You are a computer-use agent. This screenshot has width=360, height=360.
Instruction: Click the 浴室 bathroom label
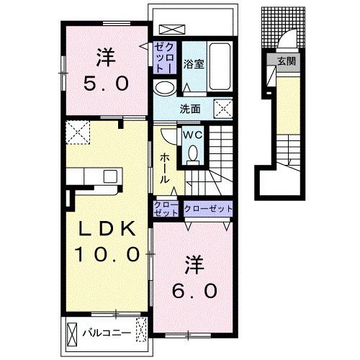coord(194,64)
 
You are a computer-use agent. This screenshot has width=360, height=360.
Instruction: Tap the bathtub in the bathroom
coord(220,66)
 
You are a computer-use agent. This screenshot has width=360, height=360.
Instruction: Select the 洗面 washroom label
coord(190,109)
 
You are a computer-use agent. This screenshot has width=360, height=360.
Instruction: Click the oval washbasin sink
coord(164,88)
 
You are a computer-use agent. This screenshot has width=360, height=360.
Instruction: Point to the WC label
coord(193,135)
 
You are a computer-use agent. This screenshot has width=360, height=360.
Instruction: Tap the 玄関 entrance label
coord(287,61)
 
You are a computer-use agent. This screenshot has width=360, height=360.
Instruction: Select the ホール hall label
coord(165,168)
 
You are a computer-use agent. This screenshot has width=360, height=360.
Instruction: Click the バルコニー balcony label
coord(107,333)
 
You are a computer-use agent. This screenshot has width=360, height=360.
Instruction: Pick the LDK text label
coord(107,229)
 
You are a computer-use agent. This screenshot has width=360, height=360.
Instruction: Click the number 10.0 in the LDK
coord(107,254)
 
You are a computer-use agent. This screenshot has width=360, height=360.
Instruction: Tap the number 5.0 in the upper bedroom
coord(106,83)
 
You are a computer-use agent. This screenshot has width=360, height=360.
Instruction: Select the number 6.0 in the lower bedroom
coord(194,291)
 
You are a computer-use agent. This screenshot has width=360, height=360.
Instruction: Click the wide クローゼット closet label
coord(208,209)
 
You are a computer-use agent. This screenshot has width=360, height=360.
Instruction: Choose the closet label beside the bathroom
coord(164,58)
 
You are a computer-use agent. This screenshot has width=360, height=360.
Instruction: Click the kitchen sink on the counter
coord(110,176)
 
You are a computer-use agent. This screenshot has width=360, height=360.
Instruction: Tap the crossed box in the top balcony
coord(172,30)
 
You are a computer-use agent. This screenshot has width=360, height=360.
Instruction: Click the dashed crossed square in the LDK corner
coord(78,132)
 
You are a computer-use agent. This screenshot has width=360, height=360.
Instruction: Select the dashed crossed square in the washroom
coord(223,109)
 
